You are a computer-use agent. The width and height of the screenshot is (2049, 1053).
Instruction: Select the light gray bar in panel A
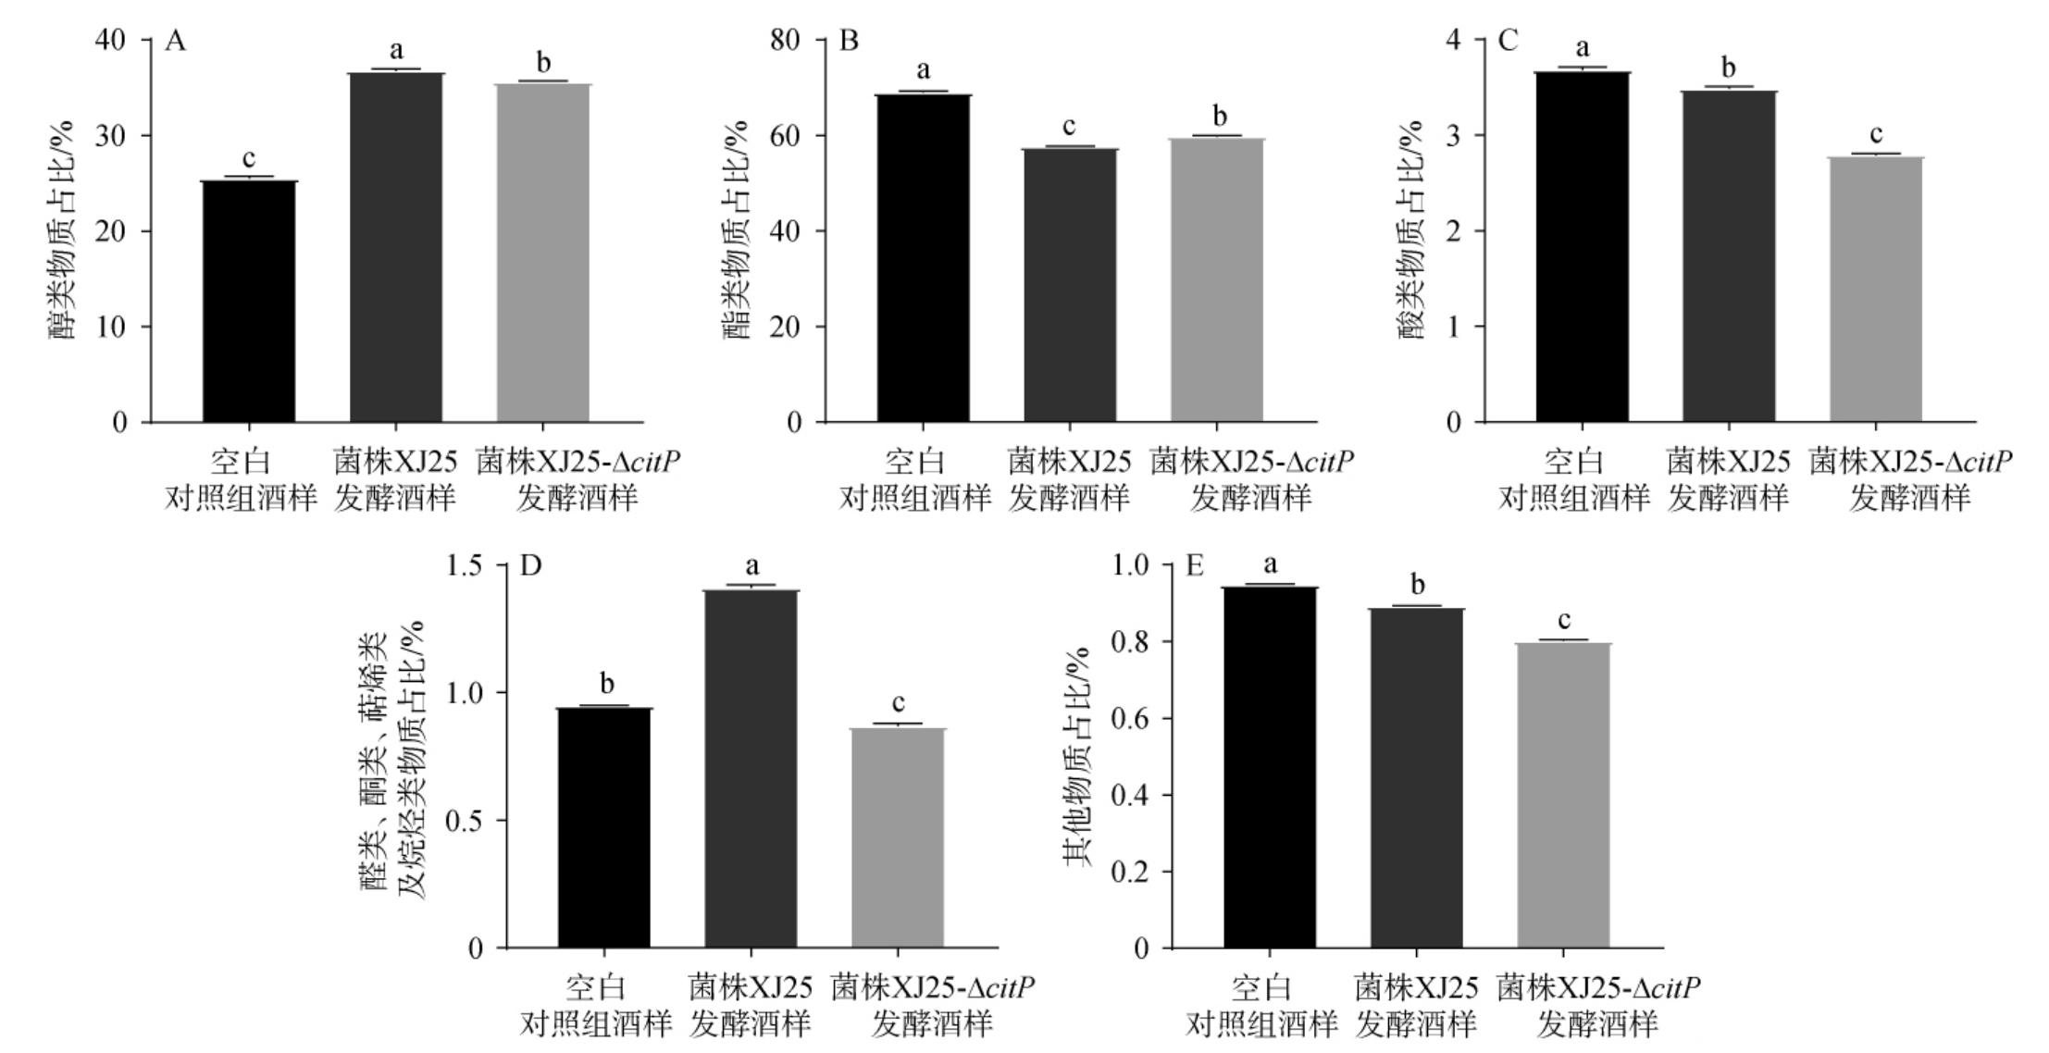tap(543, 253)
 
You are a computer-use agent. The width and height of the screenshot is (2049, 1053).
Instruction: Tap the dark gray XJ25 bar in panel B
tap(1070, 285)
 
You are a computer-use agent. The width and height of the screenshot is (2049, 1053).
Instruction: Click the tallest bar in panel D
tap(751, 768)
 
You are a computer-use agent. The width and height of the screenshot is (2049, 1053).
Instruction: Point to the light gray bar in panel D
tap(898, 837)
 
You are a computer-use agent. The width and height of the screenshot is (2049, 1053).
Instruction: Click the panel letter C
tap(1508, 42)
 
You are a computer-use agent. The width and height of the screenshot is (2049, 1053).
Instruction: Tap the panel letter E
tap(1195, 565)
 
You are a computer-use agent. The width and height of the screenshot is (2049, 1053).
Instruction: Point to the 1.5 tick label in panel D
tap(466, 565)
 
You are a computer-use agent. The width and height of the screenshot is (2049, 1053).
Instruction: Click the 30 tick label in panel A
tap(112, 136)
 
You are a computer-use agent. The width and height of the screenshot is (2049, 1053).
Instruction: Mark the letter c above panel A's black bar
tap(249, 157)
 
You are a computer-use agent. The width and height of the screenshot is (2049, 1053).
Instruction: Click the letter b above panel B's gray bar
tap(1220, 117)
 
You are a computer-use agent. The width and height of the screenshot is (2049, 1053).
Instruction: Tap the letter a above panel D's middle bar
tap(751, 565)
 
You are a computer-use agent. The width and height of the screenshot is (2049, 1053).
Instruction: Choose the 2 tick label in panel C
tap(1453, 231)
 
